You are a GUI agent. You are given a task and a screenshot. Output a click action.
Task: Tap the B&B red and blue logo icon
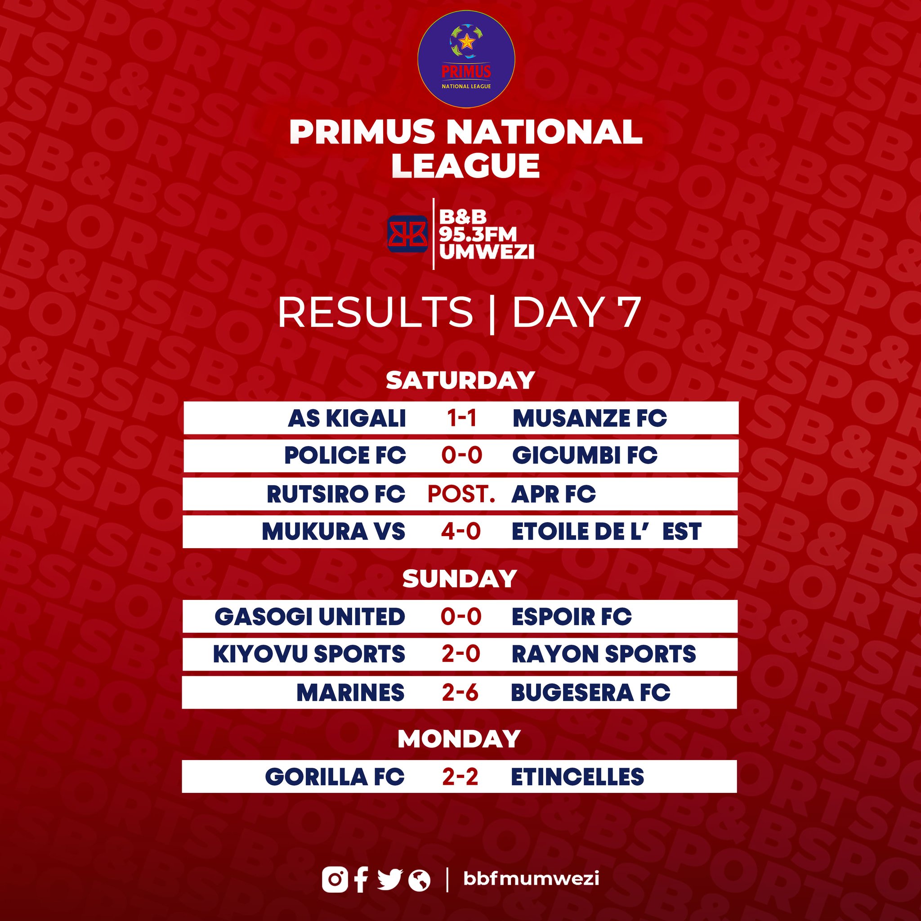[407, 233]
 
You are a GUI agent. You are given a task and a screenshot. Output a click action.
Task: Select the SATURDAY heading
[460, 380]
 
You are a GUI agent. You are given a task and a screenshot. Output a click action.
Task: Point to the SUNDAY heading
[460, 579]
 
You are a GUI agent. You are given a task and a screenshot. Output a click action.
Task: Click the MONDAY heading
[459, 739]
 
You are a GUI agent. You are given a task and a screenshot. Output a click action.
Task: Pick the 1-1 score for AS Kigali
[462, 418]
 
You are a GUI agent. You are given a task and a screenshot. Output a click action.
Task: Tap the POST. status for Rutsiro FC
[461, 494]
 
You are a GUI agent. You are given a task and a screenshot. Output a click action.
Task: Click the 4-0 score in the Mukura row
[460, 531]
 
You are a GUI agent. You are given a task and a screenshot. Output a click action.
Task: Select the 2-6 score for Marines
[460, 692]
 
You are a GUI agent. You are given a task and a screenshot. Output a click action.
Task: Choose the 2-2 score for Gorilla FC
[460, 777]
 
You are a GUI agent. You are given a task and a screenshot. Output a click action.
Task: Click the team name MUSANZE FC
[590, 418]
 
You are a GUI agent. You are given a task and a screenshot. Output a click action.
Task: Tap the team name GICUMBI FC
[585, 455]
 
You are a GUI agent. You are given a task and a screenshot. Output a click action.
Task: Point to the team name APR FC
[554, 494]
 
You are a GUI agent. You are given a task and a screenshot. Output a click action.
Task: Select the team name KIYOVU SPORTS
[309, 653]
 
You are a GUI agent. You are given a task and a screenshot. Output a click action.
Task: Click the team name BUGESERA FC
[590, 692]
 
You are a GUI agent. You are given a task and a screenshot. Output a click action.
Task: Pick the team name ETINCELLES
[577, 777]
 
